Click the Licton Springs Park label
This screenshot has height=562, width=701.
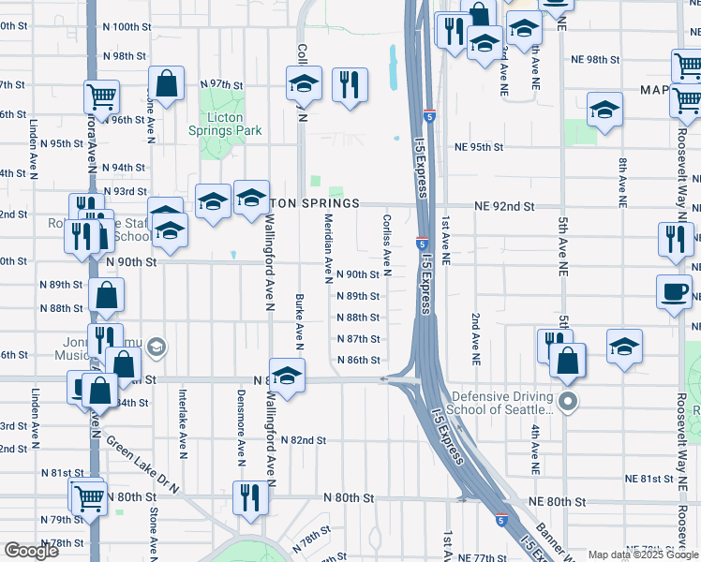224,124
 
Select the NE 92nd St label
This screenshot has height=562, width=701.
503,205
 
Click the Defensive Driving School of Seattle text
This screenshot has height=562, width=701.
502,404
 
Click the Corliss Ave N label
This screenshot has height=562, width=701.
386,239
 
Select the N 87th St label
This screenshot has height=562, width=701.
358,339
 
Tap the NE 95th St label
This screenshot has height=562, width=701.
479,147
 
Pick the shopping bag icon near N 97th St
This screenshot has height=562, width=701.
166,82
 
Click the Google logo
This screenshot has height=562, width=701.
31,551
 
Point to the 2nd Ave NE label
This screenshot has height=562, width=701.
476,338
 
